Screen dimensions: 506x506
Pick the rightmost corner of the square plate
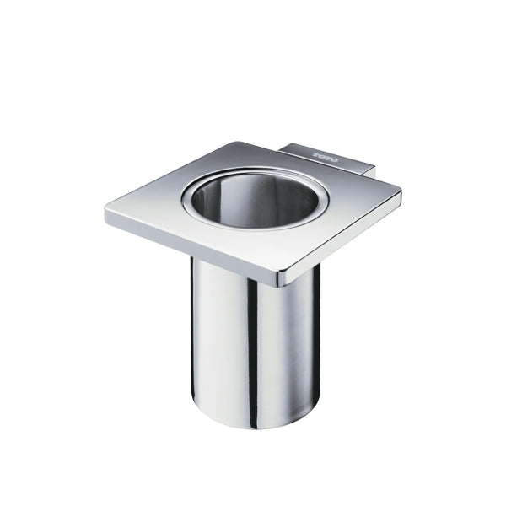[x=400, y=197]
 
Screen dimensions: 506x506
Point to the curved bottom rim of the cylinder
[x=253, y=426]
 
